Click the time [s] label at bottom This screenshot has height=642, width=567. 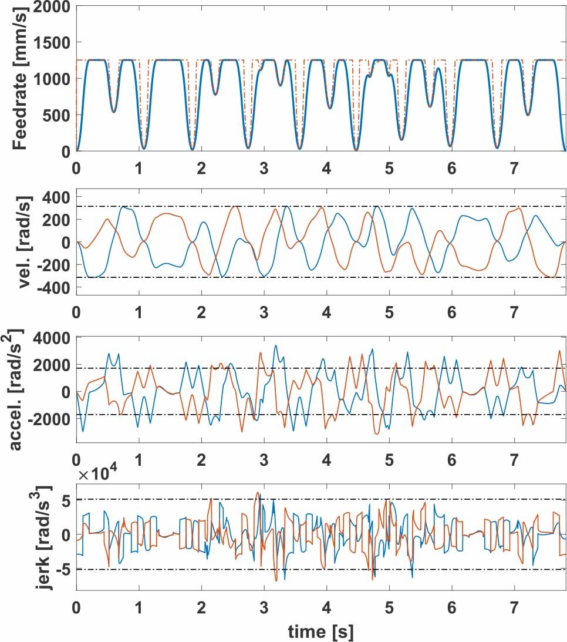coord(320,631)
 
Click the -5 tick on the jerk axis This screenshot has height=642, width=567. coord(63,569)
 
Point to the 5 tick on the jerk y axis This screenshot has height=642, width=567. coord(65,500)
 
